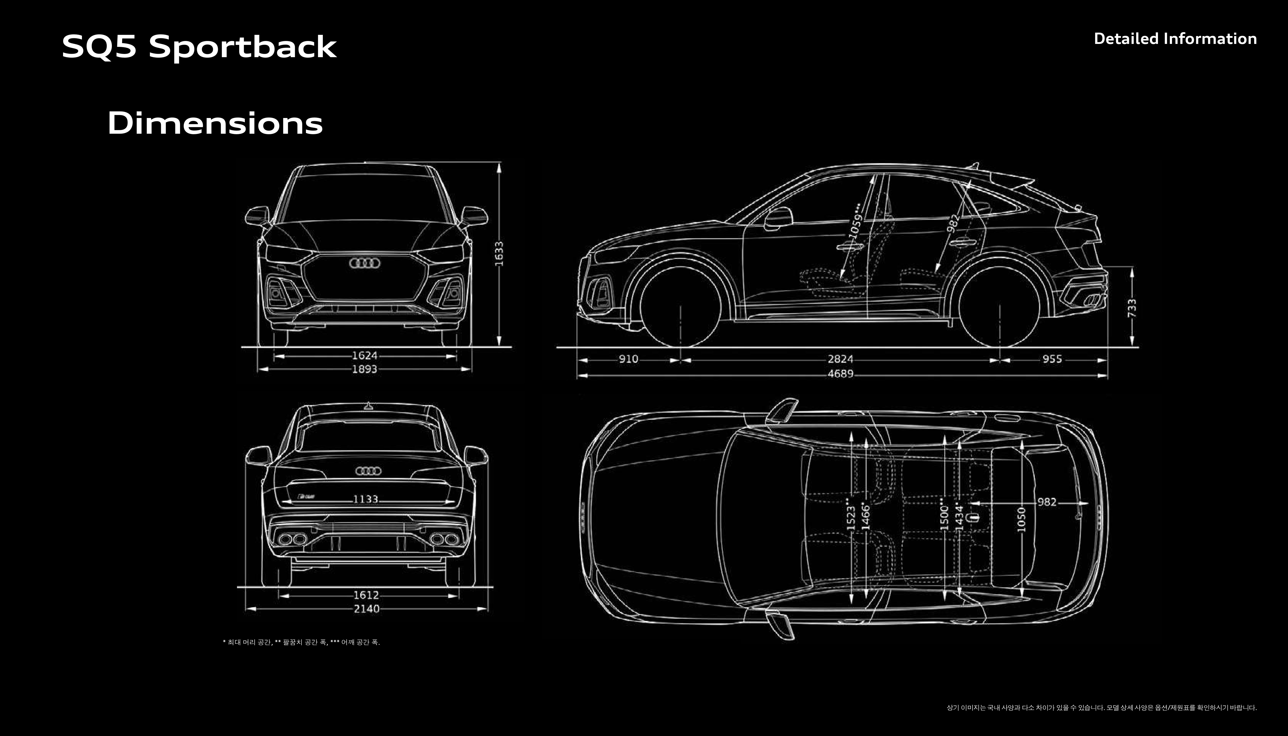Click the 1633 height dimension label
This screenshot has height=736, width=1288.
coord(499,254)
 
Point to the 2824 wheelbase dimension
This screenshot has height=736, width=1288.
coord(840,359)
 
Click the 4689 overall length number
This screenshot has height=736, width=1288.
coord(840,374)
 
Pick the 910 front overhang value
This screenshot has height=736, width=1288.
coord(628,359)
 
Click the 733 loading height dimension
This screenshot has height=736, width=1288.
coord(1132,308)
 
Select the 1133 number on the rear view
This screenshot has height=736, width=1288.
coord(366,499)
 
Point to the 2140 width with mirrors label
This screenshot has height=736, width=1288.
coord(367,609)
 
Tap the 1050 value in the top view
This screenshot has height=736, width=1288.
coord(1021,520)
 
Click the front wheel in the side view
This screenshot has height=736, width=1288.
coord(680,306)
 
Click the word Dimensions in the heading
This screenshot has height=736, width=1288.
coord(215,123)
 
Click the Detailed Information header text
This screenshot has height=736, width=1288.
coord(1175,39)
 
